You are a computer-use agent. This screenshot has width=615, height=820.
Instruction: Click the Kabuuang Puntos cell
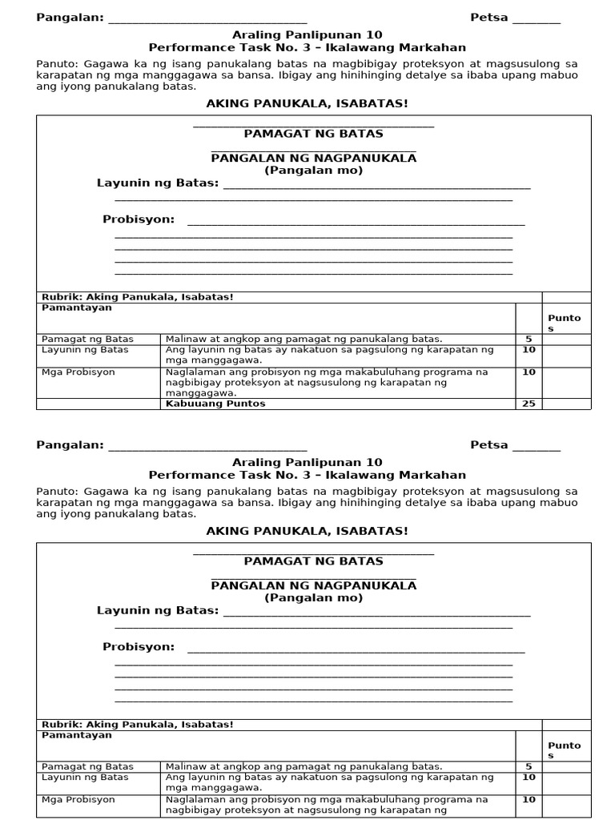coord(215,404)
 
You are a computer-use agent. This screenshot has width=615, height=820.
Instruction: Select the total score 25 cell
coord(529,404)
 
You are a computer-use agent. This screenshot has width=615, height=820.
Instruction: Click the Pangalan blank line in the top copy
coord(207,18)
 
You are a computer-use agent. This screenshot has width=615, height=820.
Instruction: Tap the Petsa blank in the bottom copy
coord(536,446)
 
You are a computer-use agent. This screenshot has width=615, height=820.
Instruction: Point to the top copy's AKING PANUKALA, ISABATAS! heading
coord(307,104)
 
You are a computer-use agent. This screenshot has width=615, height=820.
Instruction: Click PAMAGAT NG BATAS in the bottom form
coord(313,561)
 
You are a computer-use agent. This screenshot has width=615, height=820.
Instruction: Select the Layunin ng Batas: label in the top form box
coord(158,183)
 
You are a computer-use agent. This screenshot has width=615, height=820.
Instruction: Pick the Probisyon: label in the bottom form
coord(139,647)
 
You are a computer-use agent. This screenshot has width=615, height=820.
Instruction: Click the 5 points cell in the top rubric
coord(529,339)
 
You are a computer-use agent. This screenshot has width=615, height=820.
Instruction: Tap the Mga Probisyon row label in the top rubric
coord(78,372)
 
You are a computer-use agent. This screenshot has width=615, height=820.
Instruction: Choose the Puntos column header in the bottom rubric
coord(564,750)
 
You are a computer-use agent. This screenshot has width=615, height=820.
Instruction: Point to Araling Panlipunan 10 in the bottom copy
coord(307,462)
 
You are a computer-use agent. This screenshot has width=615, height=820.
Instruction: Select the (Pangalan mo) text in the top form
coord(313,171)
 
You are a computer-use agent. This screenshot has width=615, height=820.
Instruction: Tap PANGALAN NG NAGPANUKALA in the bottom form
coord(313,585)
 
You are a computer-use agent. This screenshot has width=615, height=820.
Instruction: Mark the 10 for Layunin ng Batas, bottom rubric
coord(529,778)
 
